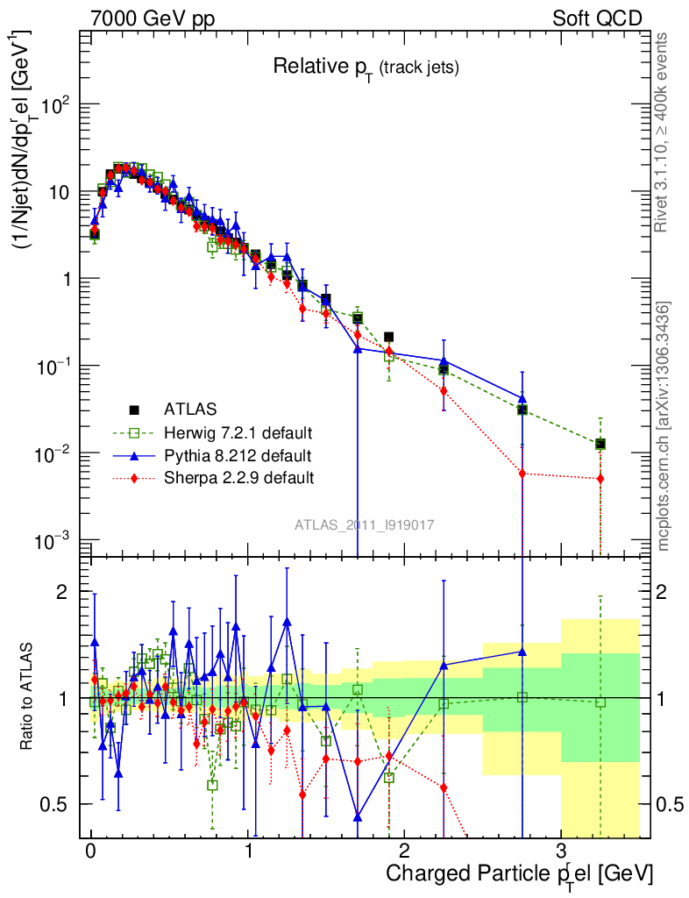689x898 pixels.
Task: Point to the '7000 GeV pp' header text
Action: tap(153, 18)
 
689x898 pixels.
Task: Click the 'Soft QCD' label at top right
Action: tap(597, 18)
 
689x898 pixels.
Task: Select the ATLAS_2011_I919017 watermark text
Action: tap(365, 524)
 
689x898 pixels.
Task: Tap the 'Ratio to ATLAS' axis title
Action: tap(27, 696)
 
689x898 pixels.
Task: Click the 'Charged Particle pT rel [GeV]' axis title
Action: tap(519, 873)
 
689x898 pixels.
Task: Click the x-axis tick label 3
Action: tap(561, 852)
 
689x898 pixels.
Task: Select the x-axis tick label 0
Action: tap(90, 852)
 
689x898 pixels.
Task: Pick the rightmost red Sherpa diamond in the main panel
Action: tap(600, 479)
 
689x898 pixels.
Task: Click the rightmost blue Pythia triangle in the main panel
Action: tap(522, 398)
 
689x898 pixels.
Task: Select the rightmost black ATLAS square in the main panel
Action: tap(600, 445)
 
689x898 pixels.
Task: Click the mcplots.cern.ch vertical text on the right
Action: tap(664, 427)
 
